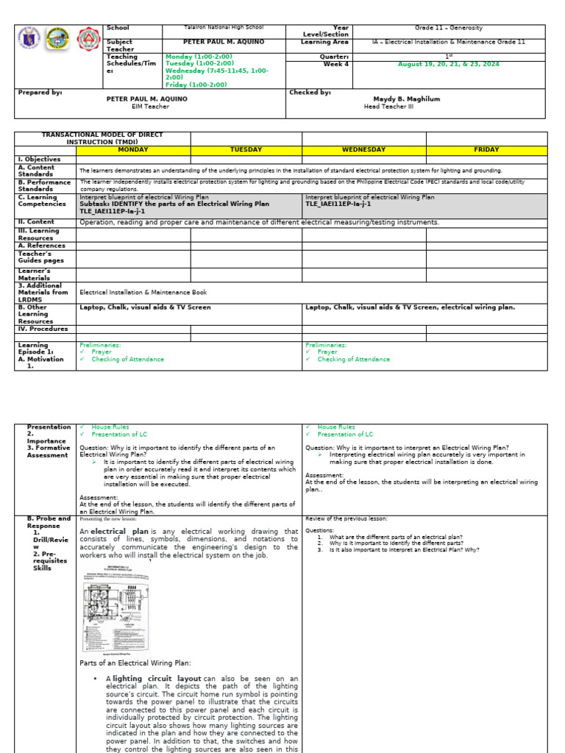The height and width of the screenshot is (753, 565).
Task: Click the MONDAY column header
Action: coord(133,150)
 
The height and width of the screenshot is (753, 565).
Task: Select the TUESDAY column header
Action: coord(246,150)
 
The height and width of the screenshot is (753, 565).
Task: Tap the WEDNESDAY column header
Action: coord(363,150)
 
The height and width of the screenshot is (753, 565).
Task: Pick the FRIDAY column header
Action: coord(486,150)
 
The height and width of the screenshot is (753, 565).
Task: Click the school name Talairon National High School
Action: coord(223,28)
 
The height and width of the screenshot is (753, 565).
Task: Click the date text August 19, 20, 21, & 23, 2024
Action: coord(448,64)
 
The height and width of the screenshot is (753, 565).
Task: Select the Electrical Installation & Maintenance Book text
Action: coord(143,292)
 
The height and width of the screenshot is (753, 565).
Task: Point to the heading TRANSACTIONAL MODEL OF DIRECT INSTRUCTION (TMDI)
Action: coord(102,138)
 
